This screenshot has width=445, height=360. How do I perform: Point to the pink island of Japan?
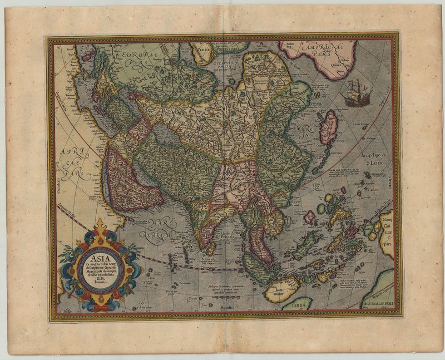coord(329,127)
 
